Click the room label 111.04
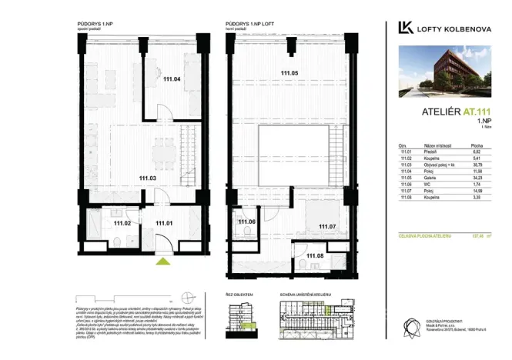(172, 78)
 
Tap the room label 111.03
(149, 178)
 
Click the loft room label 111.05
(289, 74)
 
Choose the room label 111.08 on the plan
(315, 255)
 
